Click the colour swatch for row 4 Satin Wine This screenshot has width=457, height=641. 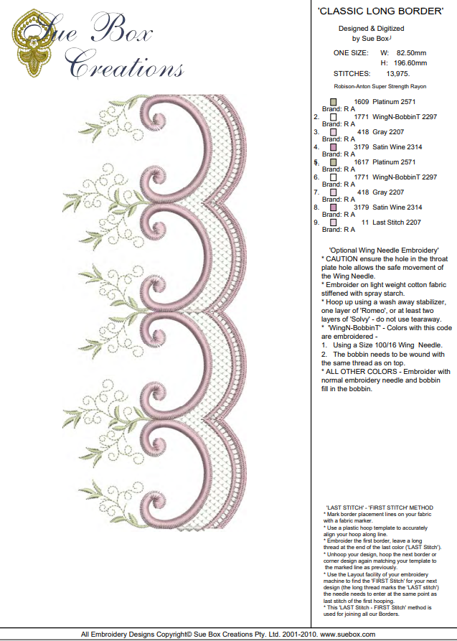[334, 147]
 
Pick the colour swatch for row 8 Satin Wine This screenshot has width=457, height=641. [334, 207]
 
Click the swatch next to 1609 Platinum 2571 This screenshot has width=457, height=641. [334, 102]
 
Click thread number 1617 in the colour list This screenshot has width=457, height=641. [362, 162]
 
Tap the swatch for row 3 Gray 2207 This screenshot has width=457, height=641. [334, 132]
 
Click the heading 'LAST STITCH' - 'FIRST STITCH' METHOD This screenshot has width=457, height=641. [379, 507]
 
